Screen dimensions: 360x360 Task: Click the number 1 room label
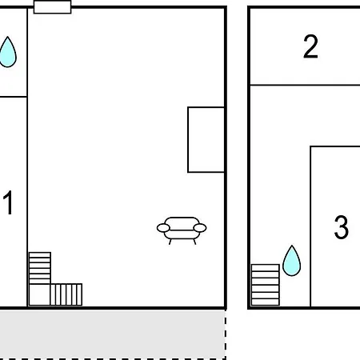point(8,202)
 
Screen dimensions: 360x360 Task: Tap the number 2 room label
point(310,46)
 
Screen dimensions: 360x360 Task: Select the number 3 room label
point(342,227)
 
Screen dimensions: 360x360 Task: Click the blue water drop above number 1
point(8,53)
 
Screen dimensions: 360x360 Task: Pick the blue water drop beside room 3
point(291,262)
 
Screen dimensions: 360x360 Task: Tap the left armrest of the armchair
point(163,228)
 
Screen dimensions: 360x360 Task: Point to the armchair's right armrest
point(200,228)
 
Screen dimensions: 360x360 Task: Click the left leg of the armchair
point(170,242)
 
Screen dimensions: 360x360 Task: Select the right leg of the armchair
point(194,242)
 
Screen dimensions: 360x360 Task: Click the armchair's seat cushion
point(182,234)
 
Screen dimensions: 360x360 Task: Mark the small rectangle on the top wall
point(53,7)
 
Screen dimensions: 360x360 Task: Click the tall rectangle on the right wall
point(206,140)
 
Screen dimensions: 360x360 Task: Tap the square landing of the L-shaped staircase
point(39,294)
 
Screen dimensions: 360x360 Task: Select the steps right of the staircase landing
point(66,294)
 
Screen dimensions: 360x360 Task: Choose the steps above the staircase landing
point(40,268)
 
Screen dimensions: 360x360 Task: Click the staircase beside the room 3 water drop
point(266,285)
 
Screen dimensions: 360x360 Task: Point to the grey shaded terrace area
point(112,334)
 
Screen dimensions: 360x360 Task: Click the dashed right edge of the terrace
point(226,334)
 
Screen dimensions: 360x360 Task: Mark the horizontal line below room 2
point(305,85)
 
